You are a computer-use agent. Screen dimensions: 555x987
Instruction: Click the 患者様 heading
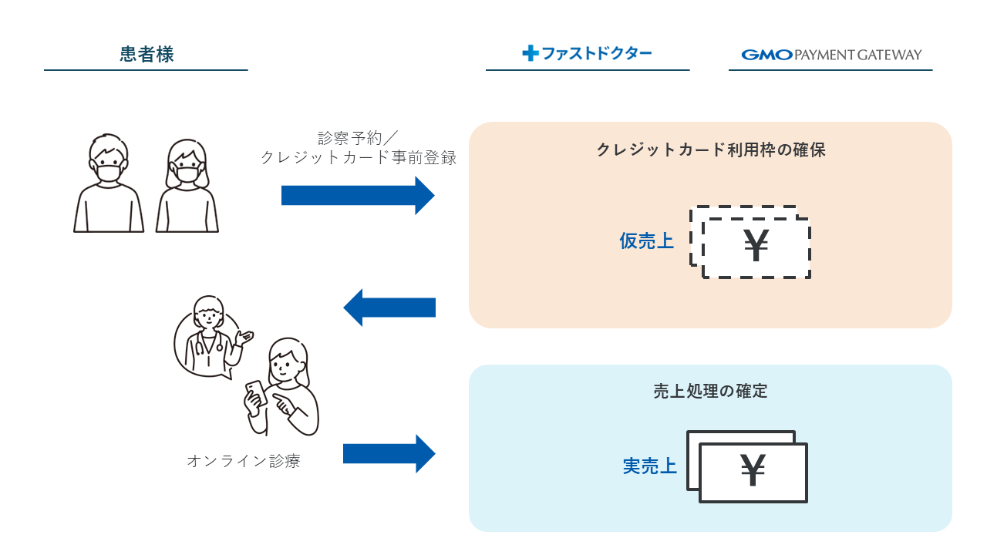point(147,54)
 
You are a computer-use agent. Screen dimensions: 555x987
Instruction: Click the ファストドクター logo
point(587,53)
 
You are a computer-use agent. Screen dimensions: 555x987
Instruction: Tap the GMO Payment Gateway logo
point(831,55)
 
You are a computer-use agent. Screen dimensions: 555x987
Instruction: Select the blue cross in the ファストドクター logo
point(530,53)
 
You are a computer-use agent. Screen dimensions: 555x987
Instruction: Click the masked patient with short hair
point(108,185)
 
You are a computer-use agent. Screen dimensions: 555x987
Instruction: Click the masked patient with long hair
point(187,187)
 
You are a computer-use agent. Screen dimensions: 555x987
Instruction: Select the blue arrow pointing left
point(389,308)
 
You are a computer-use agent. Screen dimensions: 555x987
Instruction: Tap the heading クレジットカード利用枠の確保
point(710,150)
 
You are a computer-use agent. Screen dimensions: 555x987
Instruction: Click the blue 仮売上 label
point(646,241)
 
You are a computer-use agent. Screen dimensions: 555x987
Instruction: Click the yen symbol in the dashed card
point(756,247)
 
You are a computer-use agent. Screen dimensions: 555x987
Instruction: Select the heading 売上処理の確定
point(710,391)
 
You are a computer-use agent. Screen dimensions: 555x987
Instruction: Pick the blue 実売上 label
point(649,466)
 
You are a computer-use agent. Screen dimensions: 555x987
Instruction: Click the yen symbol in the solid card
point(753,472)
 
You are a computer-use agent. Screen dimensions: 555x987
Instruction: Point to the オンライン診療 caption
point(243,462)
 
